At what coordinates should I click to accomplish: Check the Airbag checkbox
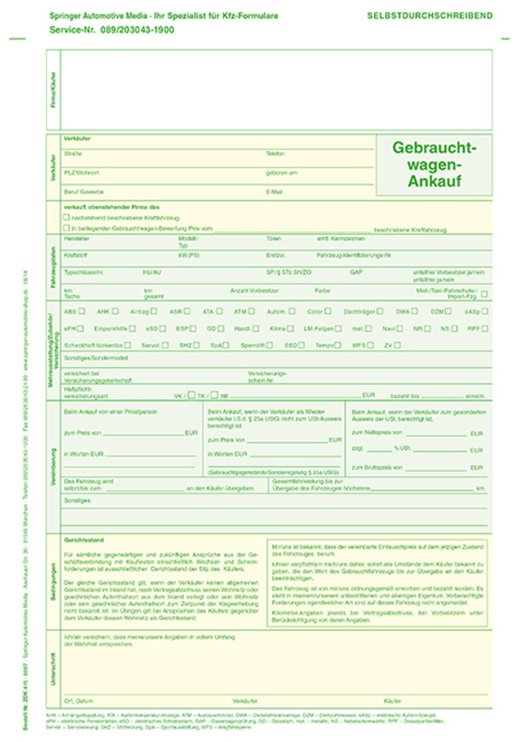coord(153,311)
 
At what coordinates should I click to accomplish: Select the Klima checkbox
coord(290,328)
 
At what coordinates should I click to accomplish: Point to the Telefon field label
coord(275,153)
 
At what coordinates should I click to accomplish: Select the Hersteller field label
coord(77,239)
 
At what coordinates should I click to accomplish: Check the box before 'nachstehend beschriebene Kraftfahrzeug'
coord(67,218)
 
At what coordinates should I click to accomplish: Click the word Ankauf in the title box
coord(434,182)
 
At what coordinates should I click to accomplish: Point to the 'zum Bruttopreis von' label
coord(376,467)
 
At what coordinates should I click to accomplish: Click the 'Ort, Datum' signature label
coord(79,699)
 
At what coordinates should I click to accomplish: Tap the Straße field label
coord(73,153)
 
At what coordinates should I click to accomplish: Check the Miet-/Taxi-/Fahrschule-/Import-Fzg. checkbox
coord(484,294)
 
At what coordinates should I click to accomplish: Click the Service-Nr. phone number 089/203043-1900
coord(137,29)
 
